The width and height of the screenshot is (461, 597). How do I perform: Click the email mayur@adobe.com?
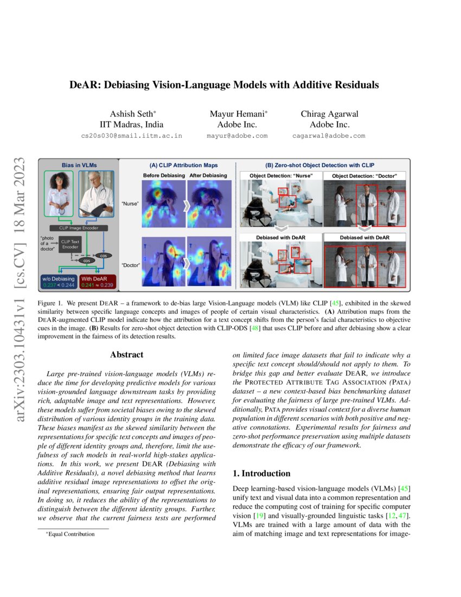pyautogui.click(x=237, y=136)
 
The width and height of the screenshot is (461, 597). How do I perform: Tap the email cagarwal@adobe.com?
pyautogui.click(x=328, y=136)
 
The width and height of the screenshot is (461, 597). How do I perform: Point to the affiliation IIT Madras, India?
pyautogui.click(x=133, y=124)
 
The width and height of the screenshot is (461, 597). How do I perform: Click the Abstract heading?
pyautogui.click(x=126, y=355)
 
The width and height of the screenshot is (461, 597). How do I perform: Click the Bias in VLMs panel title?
pyautogui.click(x=78, y=164)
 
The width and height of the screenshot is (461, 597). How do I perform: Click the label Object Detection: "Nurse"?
pyautogui.click(x=280, y=176)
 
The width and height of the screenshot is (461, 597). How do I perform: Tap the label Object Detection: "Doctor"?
pyautogui.click(x=364, y=176)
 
